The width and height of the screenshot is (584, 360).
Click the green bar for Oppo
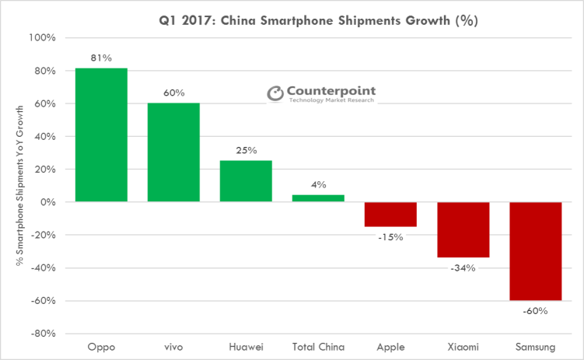coord(101,135)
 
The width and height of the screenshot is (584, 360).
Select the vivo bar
coord(173,152)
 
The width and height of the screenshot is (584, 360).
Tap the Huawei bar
coord(246,181)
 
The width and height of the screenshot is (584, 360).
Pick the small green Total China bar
coord(318,198)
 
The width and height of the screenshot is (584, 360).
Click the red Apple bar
coord(390,214)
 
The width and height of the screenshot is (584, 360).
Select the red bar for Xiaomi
coord(463,229)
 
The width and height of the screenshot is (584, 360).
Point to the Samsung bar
coord(535,251)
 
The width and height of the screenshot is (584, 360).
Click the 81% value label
coord(102,59)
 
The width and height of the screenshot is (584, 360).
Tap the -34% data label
coord(463,268)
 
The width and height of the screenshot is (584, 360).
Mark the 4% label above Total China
coord(319,185)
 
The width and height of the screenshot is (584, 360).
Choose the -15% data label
coord(391,237)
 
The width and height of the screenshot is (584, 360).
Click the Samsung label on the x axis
coord(535,347)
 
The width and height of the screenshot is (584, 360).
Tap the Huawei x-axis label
coord(246,347)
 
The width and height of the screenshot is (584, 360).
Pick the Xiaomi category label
coord(463,347)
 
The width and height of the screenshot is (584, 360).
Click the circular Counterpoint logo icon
coord(276,93)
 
